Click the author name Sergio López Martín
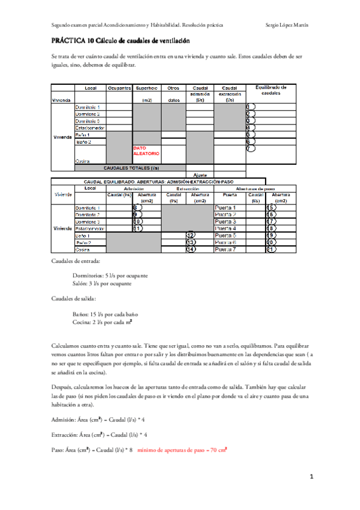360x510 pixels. point(287,25)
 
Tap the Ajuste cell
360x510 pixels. point(200,174)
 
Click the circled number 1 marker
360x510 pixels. point(251,106)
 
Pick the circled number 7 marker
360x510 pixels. point(251,149)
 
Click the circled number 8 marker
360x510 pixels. point(137,207)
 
